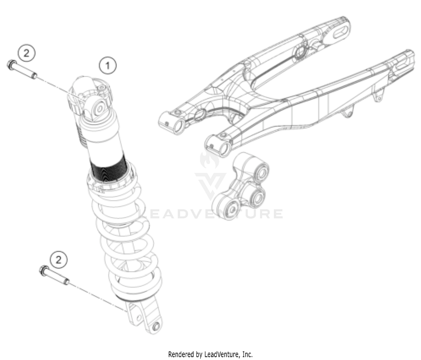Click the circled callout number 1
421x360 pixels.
click(x=107, y=66)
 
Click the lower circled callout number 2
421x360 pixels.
click(x=58, y=260)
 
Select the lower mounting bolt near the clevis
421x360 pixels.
click(x=54, y=276)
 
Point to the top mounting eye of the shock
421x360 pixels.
click(x=99, y=109)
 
